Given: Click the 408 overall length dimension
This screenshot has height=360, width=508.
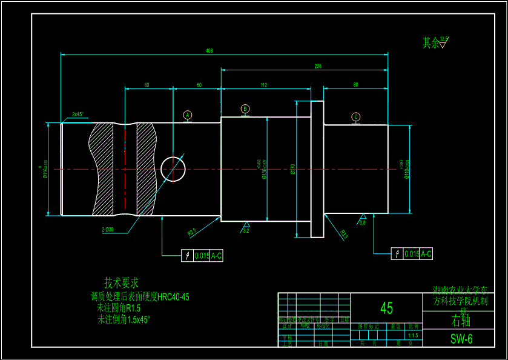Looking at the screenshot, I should click(209, 51).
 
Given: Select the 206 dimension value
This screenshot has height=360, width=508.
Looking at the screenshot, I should click(318, 66).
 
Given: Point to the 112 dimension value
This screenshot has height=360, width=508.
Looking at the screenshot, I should click(264, 85).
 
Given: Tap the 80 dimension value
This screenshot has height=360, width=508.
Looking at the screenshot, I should click(355, 85).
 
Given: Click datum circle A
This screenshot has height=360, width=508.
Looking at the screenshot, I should click(188, 115).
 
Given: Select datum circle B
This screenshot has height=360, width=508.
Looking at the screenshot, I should click(245, 109).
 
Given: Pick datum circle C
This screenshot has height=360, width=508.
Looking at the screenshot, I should click(355, 117).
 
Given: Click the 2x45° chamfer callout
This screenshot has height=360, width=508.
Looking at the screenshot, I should click(78, 114).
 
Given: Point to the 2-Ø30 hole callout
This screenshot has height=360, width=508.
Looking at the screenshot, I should click(108, 229).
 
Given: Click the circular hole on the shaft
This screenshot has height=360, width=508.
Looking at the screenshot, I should click(173, 168).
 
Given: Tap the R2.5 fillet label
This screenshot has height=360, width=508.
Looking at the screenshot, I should click(192, 232).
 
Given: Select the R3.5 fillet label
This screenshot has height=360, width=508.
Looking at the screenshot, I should click(344, 234).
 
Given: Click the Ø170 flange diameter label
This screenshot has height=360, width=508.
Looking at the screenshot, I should click(293, 169).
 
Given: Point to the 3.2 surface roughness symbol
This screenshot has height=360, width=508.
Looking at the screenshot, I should click(246, 228).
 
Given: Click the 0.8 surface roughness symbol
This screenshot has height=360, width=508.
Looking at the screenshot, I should click(363, 219).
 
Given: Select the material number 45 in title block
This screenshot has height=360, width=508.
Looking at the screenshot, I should click(386, 308).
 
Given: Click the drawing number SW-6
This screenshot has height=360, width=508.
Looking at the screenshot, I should click(461, 339).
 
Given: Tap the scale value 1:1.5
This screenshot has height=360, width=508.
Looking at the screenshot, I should click(413, 335).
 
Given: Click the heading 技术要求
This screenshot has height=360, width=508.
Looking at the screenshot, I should click(121, 282).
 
